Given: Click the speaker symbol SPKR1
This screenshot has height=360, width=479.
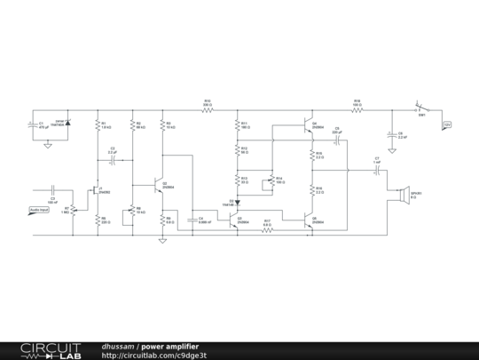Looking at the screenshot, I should (404, 193).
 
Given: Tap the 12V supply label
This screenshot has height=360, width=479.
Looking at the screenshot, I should (447, 124).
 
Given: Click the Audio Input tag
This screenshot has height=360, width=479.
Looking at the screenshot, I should (39, 208).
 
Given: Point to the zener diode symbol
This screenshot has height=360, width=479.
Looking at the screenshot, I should (67, 123).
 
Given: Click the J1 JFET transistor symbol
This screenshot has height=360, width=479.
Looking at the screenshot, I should (95, 189).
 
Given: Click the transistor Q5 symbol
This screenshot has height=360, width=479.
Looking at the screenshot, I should (306, 220).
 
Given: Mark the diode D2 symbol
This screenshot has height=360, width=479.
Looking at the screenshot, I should (238, 203).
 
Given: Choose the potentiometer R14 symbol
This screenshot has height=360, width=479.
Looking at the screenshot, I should (271, 181).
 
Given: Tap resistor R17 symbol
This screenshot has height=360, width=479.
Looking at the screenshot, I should (267, 231).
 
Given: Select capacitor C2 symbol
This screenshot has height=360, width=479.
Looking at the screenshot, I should (113, 161).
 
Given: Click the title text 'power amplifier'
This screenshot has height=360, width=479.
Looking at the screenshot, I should (169, 346).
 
